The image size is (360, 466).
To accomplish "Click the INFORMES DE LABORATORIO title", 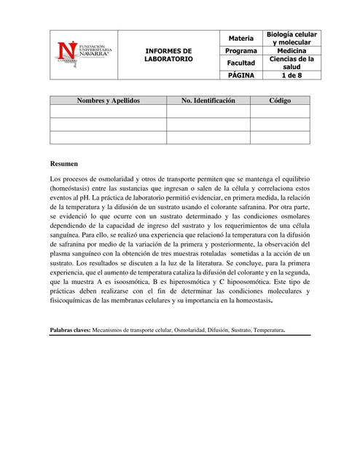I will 168,53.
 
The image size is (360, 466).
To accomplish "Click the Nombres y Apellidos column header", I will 108,100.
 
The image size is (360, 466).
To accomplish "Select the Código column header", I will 279,100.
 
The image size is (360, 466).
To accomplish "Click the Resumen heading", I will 64,164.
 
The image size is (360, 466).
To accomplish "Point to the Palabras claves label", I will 69,330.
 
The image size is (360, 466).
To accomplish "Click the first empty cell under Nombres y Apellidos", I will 108,111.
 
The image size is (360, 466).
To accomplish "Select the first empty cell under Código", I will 279,111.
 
